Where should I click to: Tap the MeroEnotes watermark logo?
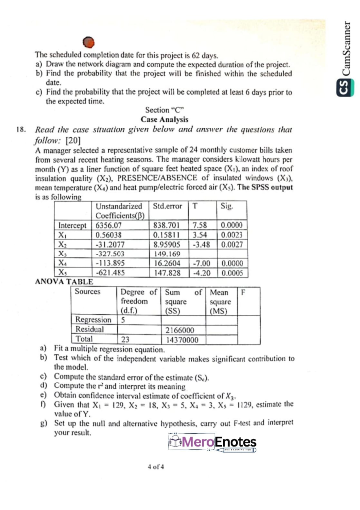pos(213,442)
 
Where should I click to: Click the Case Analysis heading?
pos(164,119)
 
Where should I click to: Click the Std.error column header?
pos(168,206)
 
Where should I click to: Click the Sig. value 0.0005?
pos(233,272)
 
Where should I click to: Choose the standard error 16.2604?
pos(167,263)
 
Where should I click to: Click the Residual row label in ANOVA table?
pos(89,329)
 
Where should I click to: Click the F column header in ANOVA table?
pos(243,292)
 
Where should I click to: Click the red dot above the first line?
pos(88,43)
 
